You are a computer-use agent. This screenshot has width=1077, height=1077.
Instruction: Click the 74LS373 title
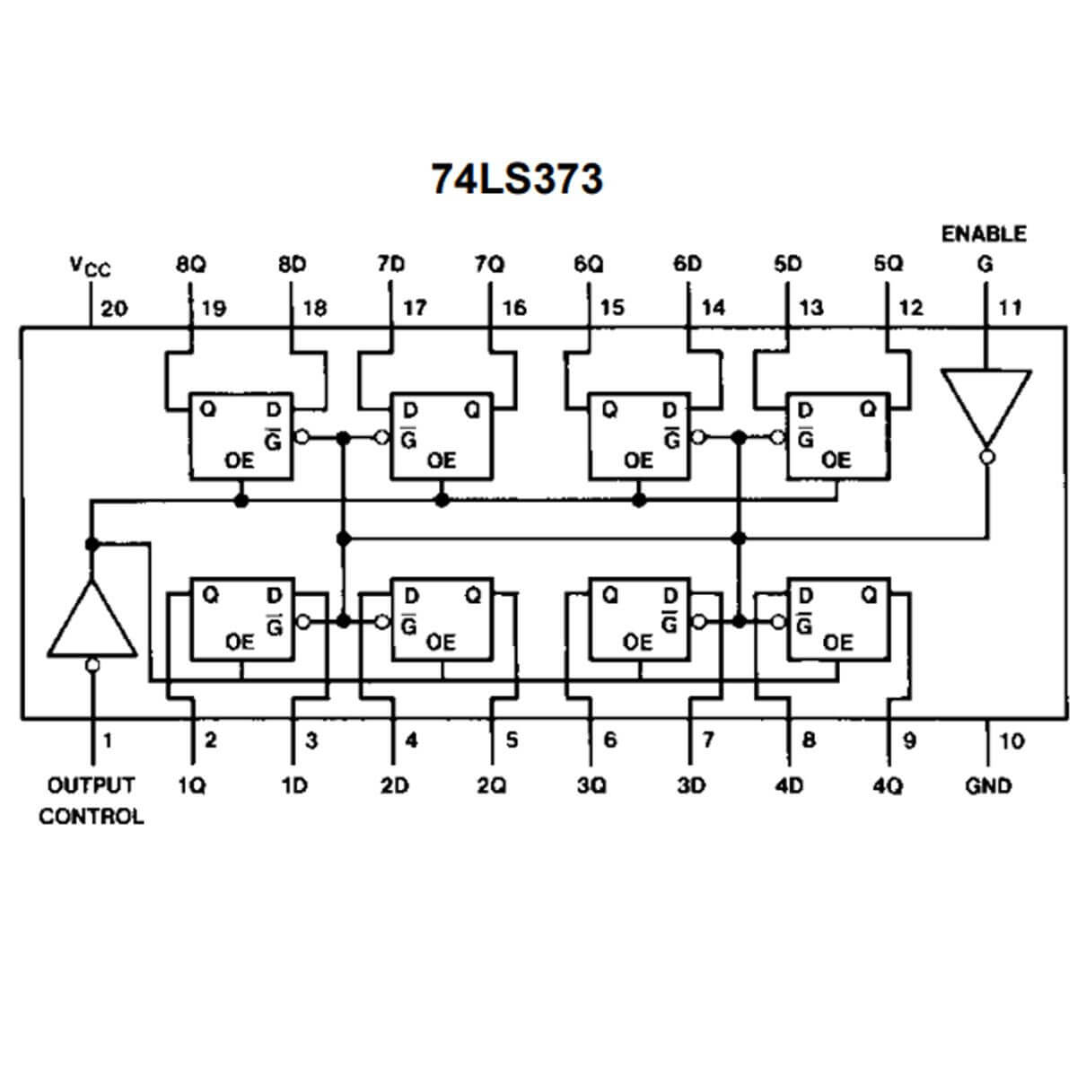click(517, 179)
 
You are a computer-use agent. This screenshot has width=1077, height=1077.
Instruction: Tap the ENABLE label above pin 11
click(984, 234)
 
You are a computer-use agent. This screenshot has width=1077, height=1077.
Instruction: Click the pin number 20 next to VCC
click(114, 309)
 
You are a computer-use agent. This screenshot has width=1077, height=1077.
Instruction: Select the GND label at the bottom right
click(988, 786)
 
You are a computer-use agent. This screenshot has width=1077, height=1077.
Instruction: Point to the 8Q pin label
click(190, 265)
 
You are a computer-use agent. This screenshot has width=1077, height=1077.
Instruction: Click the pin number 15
click(611, 308)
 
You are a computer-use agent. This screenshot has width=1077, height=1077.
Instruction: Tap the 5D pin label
click(787, 265)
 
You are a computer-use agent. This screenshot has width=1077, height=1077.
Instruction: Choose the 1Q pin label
click(191, 786)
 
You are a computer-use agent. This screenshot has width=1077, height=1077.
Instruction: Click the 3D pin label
click(690, 786)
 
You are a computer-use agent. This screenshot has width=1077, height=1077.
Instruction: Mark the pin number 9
click(909, 741)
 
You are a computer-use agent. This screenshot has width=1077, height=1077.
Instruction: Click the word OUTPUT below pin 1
click(91, 785)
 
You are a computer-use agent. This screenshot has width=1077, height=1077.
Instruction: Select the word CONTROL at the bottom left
click(91, 817)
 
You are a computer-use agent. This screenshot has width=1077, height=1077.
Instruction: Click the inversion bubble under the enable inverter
click(985, 457)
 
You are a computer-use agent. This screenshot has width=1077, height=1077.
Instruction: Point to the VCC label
click(90, 267)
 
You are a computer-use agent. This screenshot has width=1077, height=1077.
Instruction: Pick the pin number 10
click(1011, 741)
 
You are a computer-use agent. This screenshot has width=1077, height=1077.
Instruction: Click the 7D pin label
click(391, 265)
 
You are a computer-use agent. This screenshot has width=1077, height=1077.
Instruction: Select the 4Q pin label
click(888, 786)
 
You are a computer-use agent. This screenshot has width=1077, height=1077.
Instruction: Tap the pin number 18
click(315, 308)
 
